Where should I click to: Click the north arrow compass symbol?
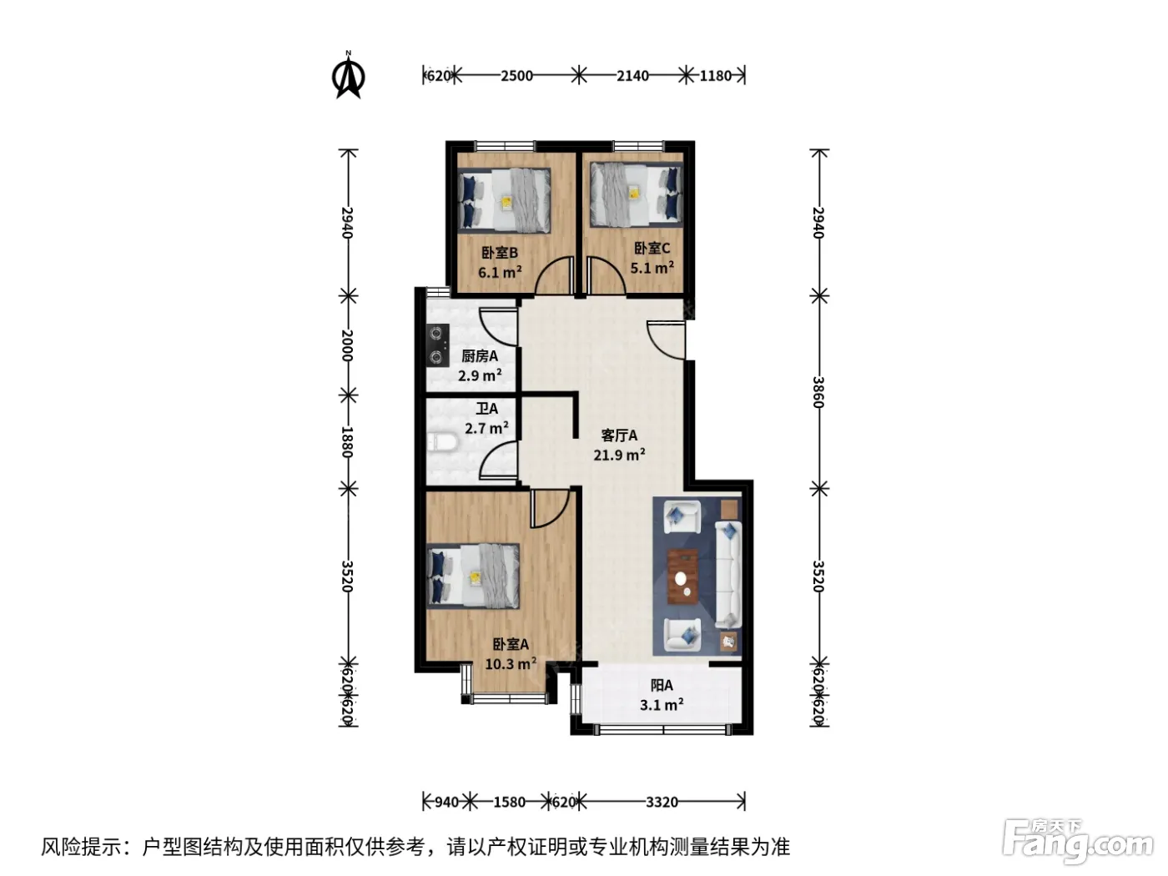point(349,76)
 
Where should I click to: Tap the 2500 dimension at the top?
point(516,76)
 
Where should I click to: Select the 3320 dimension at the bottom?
point(662,802)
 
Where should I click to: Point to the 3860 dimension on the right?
point(818,392)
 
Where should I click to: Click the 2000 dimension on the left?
point(347,345)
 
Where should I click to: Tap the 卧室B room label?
point(500,253)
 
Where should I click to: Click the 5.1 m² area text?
point(652,267)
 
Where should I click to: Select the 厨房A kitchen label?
point(480,356)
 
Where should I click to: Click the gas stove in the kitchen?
point(437,345)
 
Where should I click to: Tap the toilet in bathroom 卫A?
point(442,442)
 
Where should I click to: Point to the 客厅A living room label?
point(619,435)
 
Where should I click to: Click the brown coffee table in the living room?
point(682,576)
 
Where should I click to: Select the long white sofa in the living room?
point(728,575)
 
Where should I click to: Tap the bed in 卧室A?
point(473,576)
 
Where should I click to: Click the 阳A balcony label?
point(662,685)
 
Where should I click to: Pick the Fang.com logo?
point(1078,842)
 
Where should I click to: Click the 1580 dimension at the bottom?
point(509,802)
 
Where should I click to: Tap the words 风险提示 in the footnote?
point(82,847)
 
